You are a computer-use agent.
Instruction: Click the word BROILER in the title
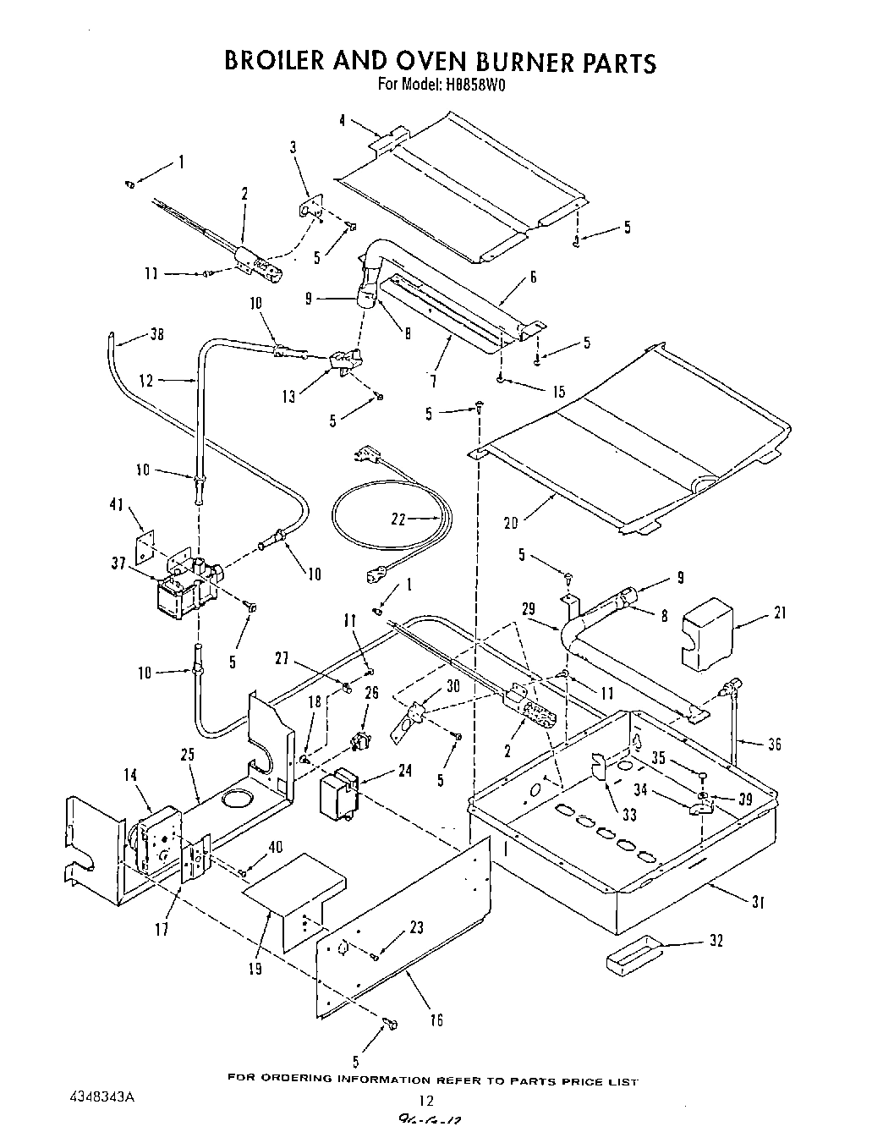[x=287, y=63]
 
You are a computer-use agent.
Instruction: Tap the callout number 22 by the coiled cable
[x=398, y=519]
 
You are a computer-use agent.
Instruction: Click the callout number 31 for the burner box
[x=757, y=903]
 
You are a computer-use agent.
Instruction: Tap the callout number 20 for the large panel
[x=510, y=524]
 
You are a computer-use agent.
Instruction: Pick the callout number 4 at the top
[x=342, y=121]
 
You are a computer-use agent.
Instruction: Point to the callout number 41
[x=115, y=506]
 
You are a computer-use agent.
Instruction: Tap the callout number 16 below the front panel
[x=436, y=1020]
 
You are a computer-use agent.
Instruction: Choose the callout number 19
[x=255, y=970]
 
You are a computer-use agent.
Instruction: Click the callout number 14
[x=130, y=774]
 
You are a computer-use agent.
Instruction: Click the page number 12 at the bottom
[x=425, y=1101]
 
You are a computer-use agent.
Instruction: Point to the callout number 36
[x=774, y=744]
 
